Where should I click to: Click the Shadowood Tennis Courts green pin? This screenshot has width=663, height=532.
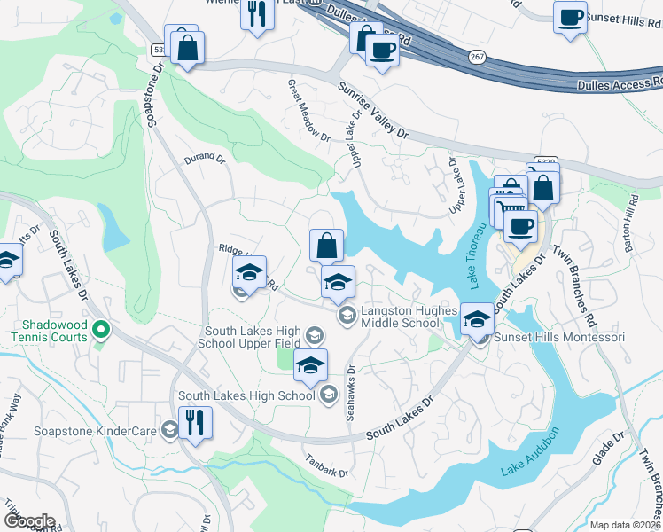click(x=101, y=330)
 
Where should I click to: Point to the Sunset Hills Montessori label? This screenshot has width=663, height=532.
click(x=559, y=338)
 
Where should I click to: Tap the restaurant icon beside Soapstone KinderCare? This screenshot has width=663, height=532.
click(x=195, y=422)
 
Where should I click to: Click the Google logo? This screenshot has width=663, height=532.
click(x=28, y=521)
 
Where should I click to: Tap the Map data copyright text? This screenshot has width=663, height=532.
click(x=626, y=525)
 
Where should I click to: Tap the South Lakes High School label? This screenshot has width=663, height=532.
click(x=246, y=395)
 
